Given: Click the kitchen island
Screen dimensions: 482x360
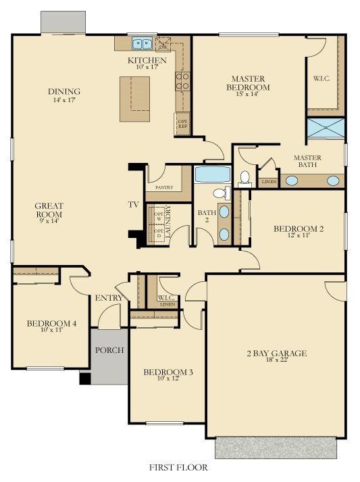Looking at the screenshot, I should pyautogui.click(x=135, y=99).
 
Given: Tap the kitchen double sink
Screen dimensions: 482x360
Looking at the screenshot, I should pyautogui.click(x=142, y=44).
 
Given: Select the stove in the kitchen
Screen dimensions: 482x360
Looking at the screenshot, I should pyautogui.click(x=182, y=82).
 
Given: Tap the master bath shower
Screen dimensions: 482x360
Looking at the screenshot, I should pyautogui.click(x=326, y=127).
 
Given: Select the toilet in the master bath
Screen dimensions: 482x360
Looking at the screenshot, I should pyautogui.click(x=245, y=178).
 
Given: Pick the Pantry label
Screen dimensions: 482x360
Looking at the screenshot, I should pyautogui.click(x=164, y=187).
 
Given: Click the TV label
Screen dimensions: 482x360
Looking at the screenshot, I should pyautogui.click(x=134, y=204).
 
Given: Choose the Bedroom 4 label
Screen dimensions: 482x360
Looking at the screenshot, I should pyautogui.click(x=51, y=324).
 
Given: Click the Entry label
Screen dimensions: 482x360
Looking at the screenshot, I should pyautogui.click(x=109, y=298).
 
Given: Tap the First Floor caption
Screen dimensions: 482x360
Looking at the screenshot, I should pyautogui.click(x=178, y=467).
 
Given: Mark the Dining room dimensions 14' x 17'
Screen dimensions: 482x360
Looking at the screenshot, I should pyautogui.click(x=64, y=100).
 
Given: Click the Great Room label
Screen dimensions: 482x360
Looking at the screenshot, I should pyautogui.click(x=49, y=210).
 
